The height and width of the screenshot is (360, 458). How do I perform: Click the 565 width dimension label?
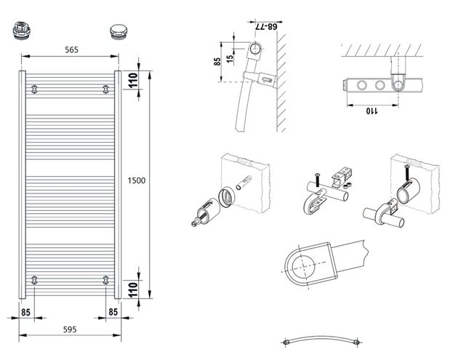click(71, 50)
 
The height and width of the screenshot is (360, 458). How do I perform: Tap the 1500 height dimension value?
click(137, 180)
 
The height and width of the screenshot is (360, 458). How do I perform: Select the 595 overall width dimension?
click(70, 329)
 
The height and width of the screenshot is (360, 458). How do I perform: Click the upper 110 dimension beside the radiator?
click(133, 80)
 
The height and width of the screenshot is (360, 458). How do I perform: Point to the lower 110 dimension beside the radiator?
click(133, 289)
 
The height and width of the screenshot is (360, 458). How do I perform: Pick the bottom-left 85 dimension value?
click(25, 313)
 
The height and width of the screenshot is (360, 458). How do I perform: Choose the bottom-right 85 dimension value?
click(113, 312)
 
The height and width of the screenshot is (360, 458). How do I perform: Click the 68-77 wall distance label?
click(266, 27)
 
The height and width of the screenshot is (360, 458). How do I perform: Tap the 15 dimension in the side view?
click(230, 58)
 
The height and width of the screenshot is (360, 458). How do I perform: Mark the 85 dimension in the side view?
click(217, 61)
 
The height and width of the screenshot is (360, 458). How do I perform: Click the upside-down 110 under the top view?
click(371, 111)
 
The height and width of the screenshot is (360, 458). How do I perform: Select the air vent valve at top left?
click(21, 31)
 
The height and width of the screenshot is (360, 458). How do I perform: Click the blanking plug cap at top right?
click(118, 31)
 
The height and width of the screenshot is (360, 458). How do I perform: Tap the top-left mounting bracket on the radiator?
click(34, 89)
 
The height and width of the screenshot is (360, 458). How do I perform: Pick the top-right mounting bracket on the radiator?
click(105, 89)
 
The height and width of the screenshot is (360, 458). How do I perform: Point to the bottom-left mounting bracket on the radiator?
click(34, 280)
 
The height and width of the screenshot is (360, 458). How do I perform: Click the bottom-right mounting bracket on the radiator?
click(105, 280)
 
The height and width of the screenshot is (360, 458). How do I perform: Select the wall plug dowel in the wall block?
click(244, 183)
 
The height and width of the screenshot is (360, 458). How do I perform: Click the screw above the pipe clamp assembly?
click(317, 180)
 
